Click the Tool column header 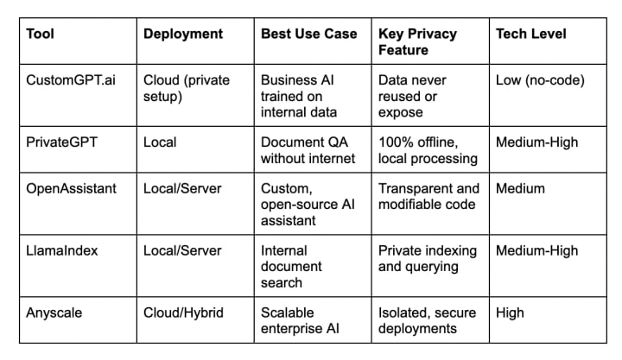point(41,35)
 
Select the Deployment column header point(182,35)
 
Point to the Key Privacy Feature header point(418,42)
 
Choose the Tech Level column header point(530,35)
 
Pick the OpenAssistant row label point(72,188)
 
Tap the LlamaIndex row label point(64,250)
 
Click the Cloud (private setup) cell point(187,88)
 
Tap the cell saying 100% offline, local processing point(427,150)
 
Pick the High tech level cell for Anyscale point(510,313)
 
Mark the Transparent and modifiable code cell point(428,196)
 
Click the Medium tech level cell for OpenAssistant point(520,188)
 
